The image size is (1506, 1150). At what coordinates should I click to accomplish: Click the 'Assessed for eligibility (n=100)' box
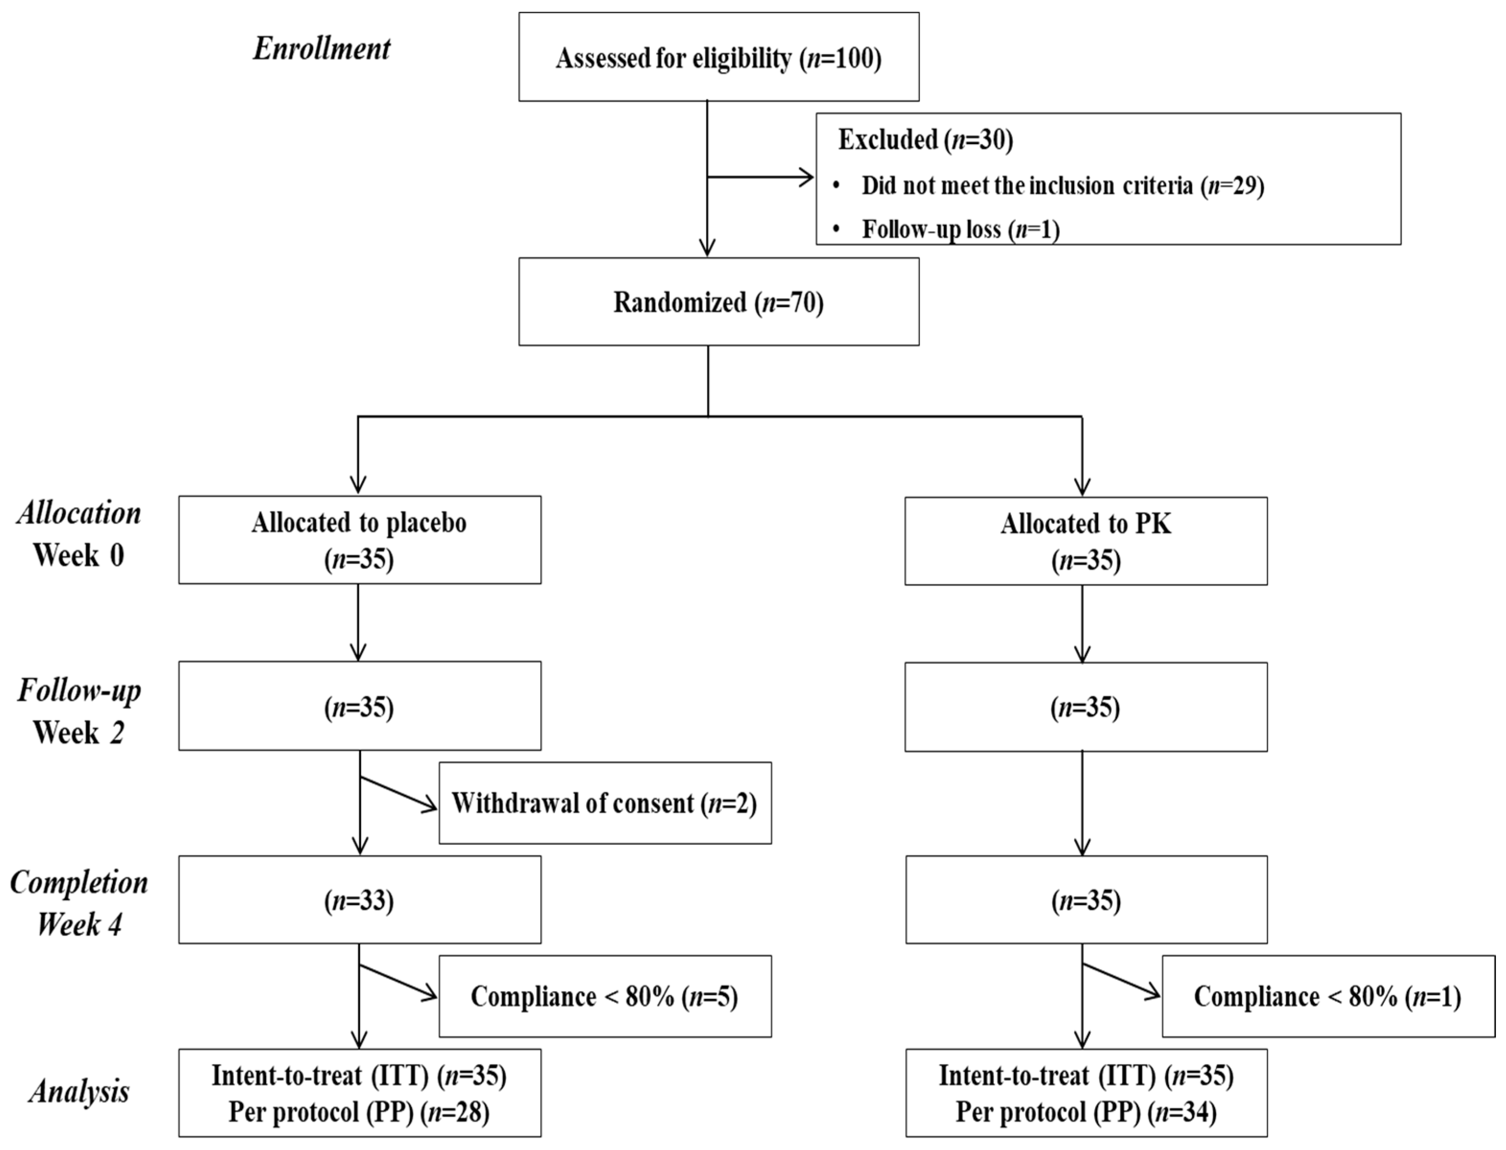click(718, 57)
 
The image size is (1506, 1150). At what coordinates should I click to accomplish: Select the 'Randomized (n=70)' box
click(718, 302)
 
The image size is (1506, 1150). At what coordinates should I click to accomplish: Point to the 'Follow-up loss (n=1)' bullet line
click(960, 229)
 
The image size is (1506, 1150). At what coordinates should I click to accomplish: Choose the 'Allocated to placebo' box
click(359, 540)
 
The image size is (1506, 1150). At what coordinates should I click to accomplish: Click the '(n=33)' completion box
click(359, 900)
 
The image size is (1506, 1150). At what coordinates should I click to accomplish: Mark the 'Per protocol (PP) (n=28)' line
click(359, 1112)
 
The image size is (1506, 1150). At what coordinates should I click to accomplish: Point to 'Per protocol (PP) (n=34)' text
click(1086, 1112)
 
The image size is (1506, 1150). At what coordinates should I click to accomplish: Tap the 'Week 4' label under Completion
click(79, 925)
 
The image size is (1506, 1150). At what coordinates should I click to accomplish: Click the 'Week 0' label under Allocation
click(79, 555)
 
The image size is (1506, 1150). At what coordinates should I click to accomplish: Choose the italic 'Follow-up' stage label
click(79, 690)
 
